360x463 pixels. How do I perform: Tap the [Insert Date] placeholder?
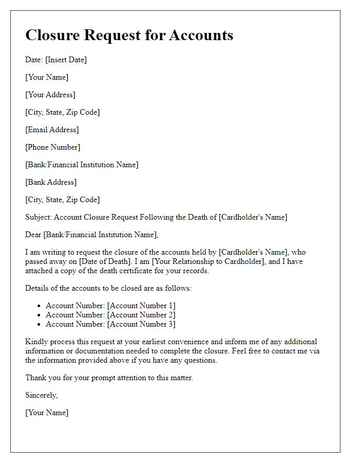[x=66, y=60]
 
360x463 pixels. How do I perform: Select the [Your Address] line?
[x=50, y=95]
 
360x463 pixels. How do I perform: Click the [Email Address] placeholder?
[x=52, y=130]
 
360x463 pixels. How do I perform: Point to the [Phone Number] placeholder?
[x=53, y=147]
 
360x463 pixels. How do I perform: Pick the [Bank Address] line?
[x=51, y=182]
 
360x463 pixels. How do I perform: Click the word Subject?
[x=38, y=217]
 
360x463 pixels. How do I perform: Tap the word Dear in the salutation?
[x=33, y=235]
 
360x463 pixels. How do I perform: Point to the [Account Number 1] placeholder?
[x=141, y=306]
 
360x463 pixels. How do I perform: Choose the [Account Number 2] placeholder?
[x=141, y=315]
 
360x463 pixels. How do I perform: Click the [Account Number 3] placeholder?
[x=141, y=324]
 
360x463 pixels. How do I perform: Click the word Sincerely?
[x=41, y=395]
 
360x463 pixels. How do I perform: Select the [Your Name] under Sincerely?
[x=47, y=413]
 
